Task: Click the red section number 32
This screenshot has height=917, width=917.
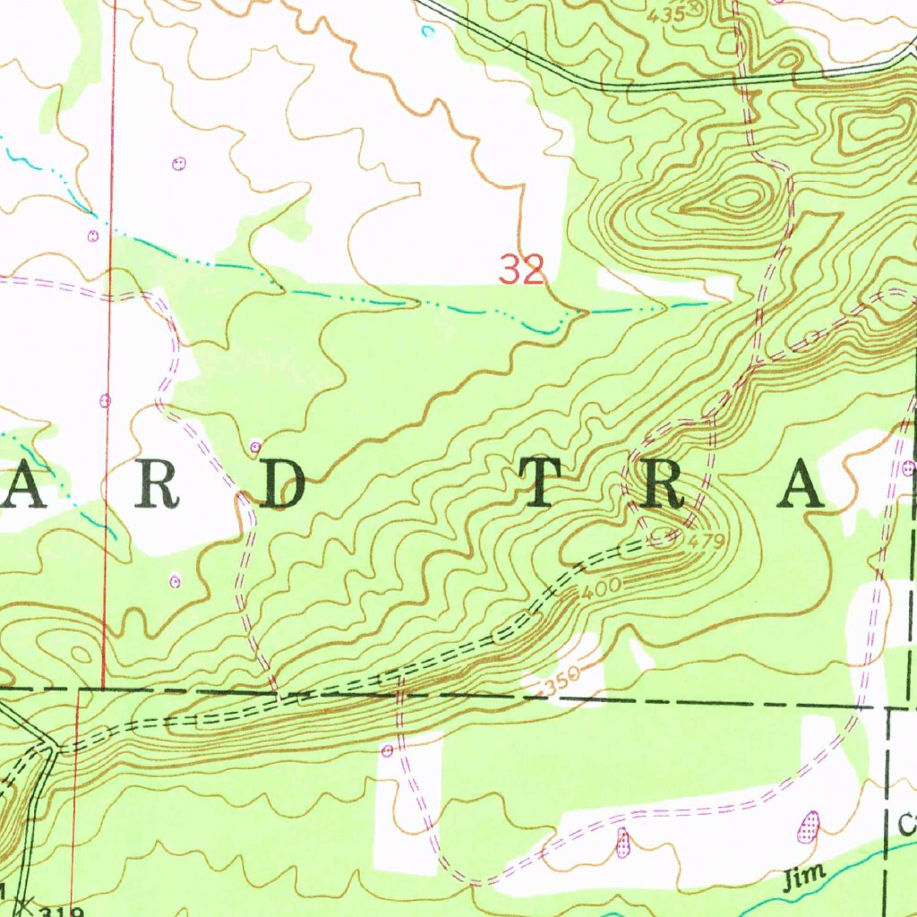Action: pyautogui.click(x=522, y=269)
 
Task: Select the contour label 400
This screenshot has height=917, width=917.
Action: pyautogui.click(x=597, y=589)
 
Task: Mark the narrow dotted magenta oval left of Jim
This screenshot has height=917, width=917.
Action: pyautogui.click(x=623, y=842)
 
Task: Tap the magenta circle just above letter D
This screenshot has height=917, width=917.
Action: pyautogui.click(x=256, y=446)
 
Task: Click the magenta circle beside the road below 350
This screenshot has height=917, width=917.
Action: pyautogui.click(x=387, y=749)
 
